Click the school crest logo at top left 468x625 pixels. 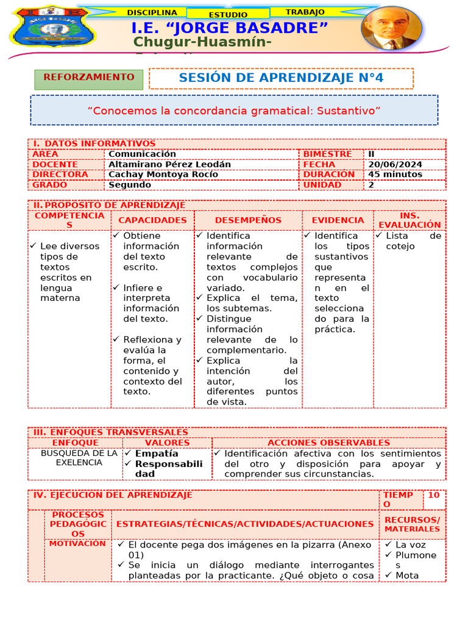point(54,34)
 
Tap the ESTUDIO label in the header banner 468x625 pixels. point(228,14)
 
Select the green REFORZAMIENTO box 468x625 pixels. point(89,78)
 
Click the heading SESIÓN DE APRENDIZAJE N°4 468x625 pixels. point(281,78)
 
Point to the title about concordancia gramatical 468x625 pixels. point(234,110)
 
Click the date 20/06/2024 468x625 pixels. point(394,164)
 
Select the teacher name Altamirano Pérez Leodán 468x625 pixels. point(169,164)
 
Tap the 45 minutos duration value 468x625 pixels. point(395,174)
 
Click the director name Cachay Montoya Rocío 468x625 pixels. point(162,174)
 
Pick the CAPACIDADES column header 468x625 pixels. point(152,220)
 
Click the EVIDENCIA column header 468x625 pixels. point(338,220)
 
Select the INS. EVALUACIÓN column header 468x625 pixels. point(409,220)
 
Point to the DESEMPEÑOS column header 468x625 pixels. point(248,220)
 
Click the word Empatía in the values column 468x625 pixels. point(157,453)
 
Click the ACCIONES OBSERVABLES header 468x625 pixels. point(328,443)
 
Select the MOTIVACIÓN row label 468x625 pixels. point(77,543)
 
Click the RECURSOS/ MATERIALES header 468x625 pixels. point(412,524)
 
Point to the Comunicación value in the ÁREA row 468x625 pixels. point(142,154)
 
